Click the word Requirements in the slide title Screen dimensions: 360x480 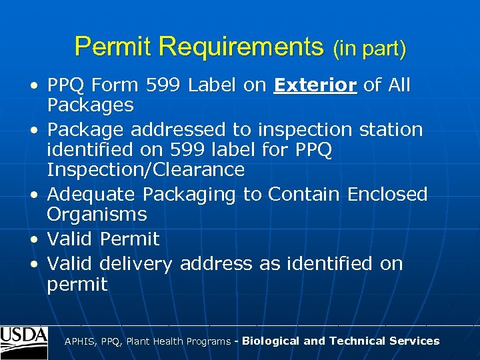tap(241, 47)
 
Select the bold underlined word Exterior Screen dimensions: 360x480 tap(316, 85)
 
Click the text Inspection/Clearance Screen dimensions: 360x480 tap(145, 170)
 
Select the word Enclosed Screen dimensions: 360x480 tap(387, 195)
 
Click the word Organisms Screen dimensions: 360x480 tap(97, 215)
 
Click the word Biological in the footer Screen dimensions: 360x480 tap(271, 341)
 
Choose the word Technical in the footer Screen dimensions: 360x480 tap(361, 341)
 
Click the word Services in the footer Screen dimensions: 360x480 tap(418, 341)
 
